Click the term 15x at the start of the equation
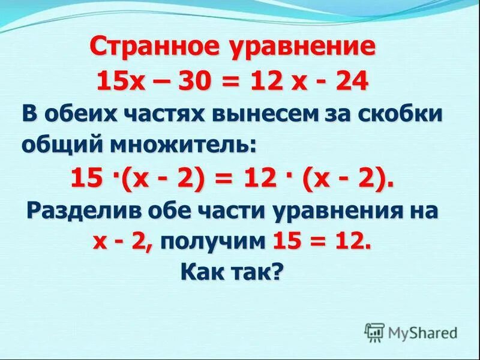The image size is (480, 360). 116,81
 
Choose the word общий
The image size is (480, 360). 59,145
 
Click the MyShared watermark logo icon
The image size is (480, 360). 374,332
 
